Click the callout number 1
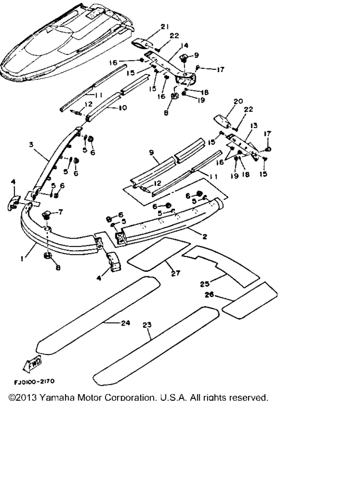click(x=22, y=258)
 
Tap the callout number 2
click(x=205, y=237)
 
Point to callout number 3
click(x=30, y=145)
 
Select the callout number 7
click(x=60, y=212)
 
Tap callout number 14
click(x=184, y=45)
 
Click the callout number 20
click(x=238, y=101)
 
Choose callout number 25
click(x=204, y=284)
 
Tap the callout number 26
click(x=210, y=295)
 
